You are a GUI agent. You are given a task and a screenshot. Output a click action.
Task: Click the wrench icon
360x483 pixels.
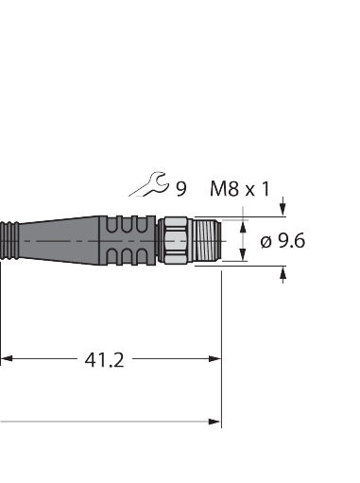click(x=149, y=186)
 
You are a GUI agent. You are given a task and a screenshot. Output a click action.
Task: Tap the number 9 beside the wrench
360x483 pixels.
click(x=180, y=188)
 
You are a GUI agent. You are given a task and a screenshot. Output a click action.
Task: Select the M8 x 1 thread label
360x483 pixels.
click(x=238, y=188)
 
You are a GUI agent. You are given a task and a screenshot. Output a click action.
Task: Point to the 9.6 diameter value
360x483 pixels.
click(x=290, y=241)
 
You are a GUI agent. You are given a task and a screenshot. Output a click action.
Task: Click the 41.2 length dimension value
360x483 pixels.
click(x=104, y=359)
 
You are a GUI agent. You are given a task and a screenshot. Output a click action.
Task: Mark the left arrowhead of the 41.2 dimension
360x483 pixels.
click(x=6, y=359)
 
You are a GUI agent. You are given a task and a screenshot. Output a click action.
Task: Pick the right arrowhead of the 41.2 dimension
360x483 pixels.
click(x=214, y=359)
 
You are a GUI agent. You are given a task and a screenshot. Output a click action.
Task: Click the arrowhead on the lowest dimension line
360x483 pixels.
click(x=214, y=422)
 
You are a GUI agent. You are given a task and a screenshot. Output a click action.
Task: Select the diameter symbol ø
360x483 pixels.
click(x=266, y=241)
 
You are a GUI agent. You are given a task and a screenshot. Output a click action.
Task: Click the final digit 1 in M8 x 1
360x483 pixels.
click(x=266, y=188)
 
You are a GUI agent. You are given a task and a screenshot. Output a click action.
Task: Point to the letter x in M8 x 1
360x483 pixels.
click(x=250, y=189)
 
